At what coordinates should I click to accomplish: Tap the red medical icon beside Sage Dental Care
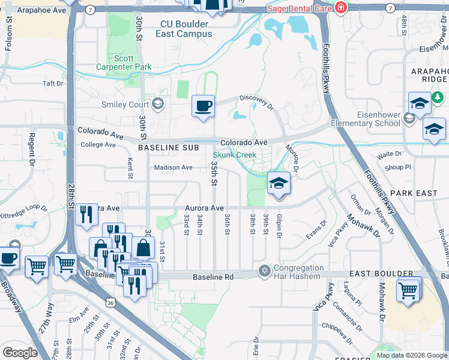[341, 7]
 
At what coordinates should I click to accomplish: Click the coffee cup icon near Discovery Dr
[202, 106]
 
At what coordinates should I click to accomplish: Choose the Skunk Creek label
[235, 155]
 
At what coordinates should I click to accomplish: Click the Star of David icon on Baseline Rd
[264, 272]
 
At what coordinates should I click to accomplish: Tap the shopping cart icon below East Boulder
[408, 290]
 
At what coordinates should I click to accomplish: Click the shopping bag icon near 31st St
[143, 247]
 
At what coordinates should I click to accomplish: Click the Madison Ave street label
[173, 168]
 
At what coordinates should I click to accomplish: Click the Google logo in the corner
[20, 353]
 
